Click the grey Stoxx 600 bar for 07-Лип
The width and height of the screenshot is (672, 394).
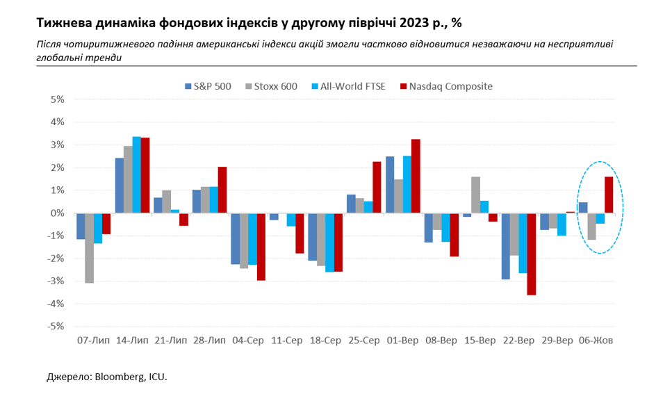click(89, 248)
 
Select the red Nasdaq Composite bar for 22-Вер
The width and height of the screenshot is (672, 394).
click(531, 254)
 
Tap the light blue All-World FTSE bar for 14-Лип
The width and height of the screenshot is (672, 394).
click(136, 175)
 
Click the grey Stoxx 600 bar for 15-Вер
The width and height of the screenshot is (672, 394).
click(475, 195)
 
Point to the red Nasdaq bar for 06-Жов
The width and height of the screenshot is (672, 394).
click(609, 195)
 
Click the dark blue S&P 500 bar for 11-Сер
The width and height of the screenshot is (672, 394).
click(274, 217)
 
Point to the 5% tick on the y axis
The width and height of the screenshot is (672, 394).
click(56, 99)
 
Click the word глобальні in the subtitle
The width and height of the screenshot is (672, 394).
click(59, 58)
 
